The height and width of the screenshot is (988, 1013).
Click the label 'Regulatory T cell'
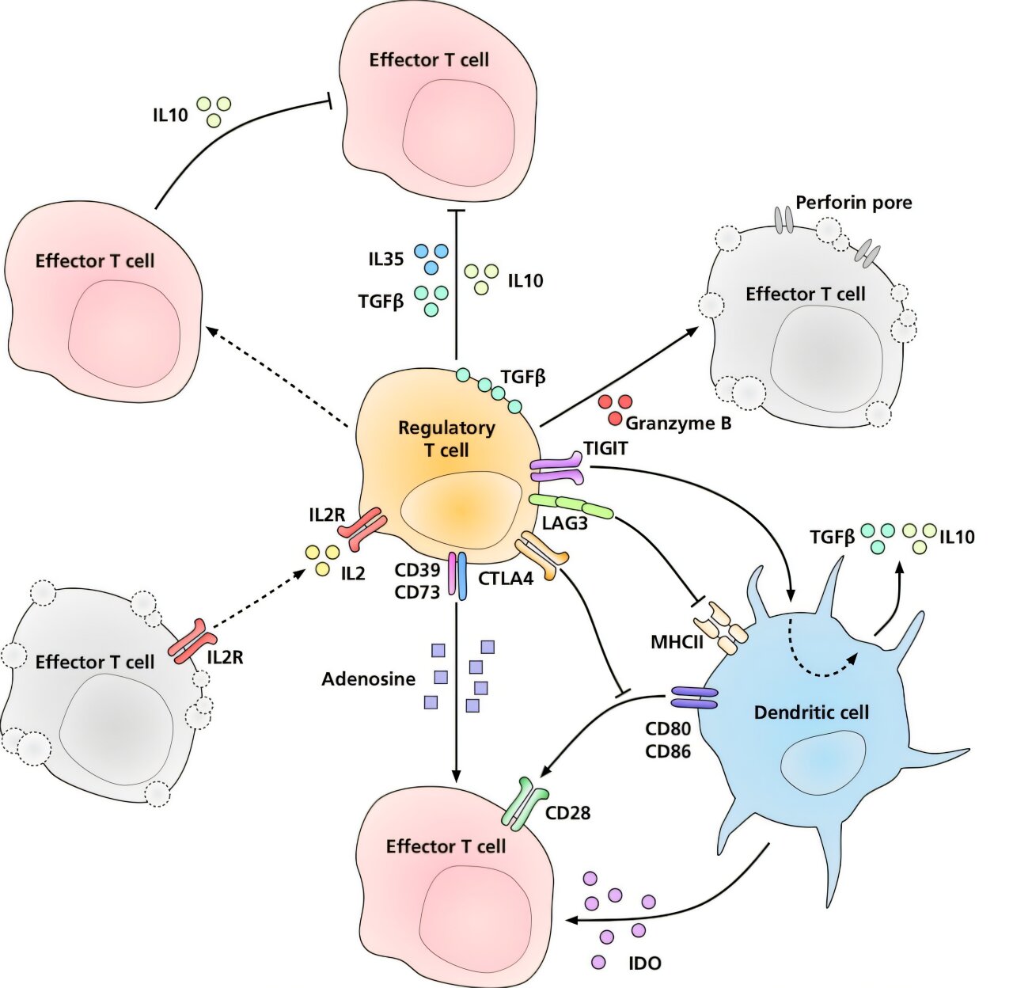446,439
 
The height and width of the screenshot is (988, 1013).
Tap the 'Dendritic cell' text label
811,712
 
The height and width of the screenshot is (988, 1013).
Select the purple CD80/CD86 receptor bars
694,697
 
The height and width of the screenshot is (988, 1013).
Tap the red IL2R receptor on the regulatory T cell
364,530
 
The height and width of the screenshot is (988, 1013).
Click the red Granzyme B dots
616,408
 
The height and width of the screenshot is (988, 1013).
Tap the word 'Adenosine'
368,679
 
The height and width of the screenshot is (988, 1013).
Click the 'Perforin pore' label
853,203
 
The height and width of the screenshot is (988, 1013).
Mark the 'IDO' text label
644,963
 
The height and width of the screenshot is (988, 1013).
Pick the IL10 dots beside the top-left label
214,111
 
